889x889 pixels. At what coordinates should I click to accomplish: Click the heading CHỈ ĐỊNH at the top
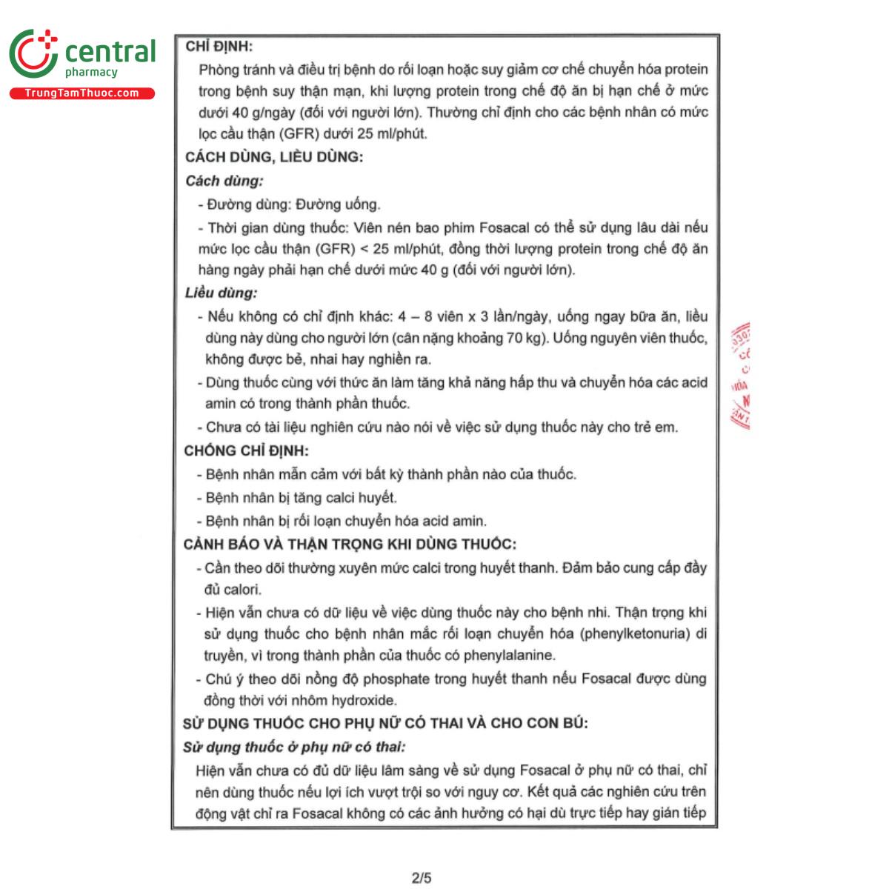(x=219, y=47)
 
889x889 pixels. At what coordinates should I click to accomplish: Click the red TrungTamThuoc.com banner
(x=81, y=93)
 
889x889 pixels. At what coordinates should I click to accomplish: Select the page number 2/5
(x=422, y=878)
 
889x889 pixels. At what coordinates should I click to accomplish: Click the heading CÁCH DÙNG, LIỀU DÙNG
(x=274, y=157)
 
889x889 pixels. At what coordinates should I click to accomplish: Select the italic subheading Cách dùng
(x=224, y=181)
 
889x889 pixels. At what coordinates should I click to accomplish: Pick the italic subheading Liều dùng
(x=222, y=293)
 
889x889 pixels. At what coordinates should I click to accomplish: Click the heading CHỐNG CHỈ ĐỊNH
(x=246, y=450)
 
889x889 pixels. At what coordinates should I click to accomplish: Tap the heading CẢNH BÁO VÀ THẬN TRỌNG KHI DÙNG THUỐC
(x=350, y=544)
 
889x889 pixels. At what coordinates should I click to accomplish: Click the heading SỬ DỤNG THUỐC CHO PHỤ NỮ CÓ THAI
(x=385, y=723)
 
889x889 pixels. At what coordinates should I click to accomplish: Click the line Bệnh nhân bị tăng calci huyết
(x=301, y=498)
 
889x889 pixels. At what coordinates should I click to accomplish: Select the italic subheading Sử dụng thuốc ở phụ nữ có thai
(x=294, y=747)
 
